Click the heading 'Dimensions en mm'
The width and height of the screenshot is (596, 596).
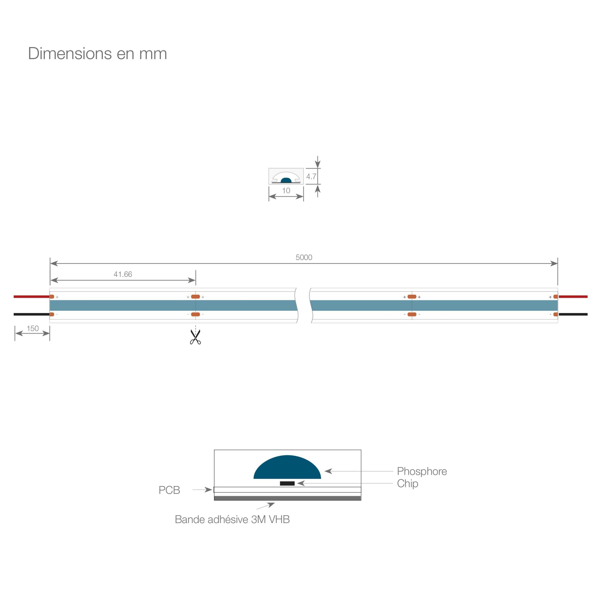(x=97, y=54)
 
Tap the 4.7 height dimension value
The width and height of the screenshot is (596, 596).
(x=311, y=176)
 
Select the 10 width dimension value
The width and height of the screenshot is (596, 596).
(x=286, y=191)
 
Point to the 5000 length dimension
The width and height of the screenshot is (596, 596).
(x=304, y=257)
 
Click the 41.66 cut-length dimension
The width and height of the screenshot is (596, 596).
(x=123, y=274)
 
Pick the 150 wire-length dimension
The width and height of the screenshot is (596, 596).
(x=33, y=328)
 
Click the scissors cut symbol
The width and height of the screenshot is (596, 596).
(x=195, y=337)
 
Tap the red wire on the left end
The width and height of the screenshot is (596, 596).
(x=32, y=297)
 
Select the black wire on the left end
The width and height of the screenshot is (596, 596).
(x=32, y=314)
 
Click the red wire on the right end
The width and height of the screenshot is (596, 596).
(x=573, y=297)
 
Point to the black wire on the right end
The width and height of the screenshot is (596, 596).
(x=573, y=314)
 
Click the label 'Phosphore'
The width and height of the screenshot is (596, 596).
(x=422, y=471)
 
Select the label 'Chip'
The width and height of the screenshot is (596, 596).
(x=407, y=483)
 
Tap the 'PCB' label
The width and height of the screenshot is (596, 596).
(x=169, y=490)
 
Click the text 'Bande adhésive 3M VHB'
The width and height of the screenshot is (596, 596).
(x=232, y=519)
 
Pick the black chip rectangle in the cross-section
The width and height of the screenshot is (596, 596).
(x=287, y=483)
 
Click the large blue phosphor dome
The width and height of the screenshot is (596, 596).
(x=287, y=468)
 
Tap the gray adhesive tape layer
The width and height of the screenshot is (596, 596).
(x=288, y=498)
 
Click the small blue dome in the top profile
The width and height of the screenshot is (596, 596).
(x=286, y=180)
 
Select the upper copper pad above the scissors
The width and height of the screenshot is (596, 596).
(x=195, y=297)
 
